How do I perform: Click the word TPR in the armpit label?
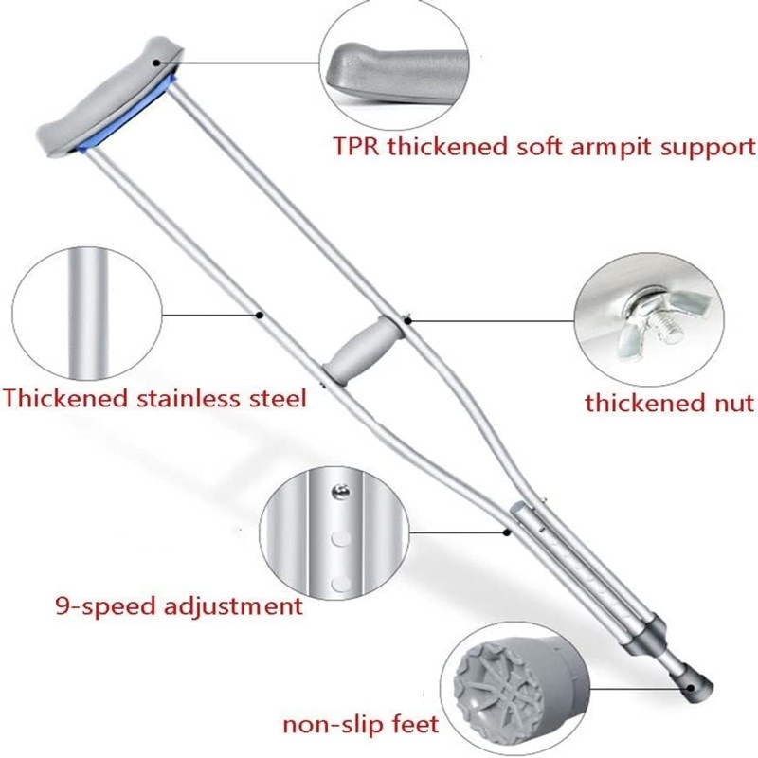coord(356,147)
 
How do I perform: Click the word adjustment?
coord(233,606)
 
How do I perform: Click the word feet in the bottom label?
coord(415,724)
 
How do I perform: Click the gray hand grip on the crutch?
coord(364,351)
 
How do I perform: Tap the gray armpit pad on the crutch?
coord(110,100)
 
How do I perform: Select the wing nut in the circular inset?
coord(659,316)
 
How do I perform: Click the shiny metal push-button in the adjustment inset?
coord(341,491)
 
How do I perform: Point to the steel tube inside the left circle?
coord(87,314)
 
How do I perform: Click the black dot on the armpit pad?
coord(155,63)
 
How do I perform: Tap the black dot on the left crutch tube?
coord(260,315)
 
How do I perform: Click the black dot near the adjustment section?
coord(507,532)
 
